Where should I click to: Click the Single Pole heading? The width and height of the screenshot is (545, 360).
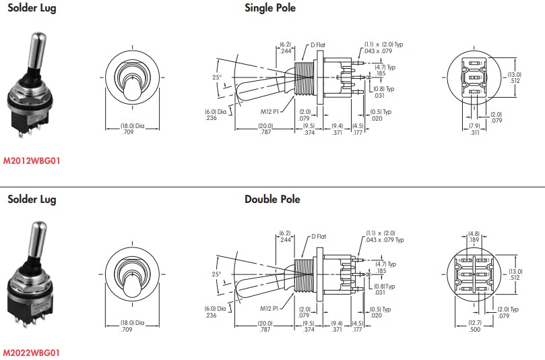click(269, 8)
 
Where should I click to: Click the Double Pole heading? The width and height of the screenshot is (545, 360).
click(272, 199)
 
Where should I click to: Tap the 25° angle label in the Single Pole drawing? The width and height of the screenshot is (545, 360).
click(217, 78)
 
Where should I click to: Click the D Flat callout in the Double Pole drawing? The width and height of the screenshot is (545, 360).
click(319, 237)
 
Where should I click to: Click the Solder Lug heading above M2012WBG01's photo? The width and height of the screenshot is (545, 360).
click(32, 8)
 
